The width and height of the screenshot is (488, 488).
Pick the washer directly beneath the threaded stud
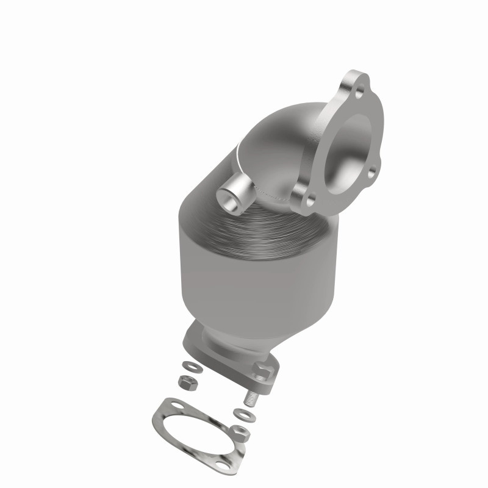246,415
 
